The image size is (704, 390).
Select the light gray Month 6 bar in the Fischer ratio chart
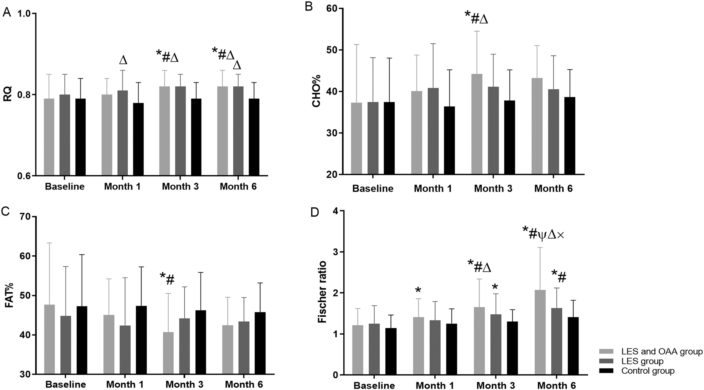click(540, 332)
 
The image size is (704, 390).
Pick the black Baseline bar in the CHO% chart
click(389, 138)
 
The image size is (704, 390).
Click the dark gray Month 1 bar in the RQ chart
click(123, 133)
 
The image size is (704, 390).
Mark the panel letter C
click(6, 211)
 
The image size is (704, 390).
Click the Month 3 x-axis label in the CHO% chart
click(493, 189)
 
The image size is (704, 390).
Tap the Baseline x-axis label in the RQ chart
click(65, 187)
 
